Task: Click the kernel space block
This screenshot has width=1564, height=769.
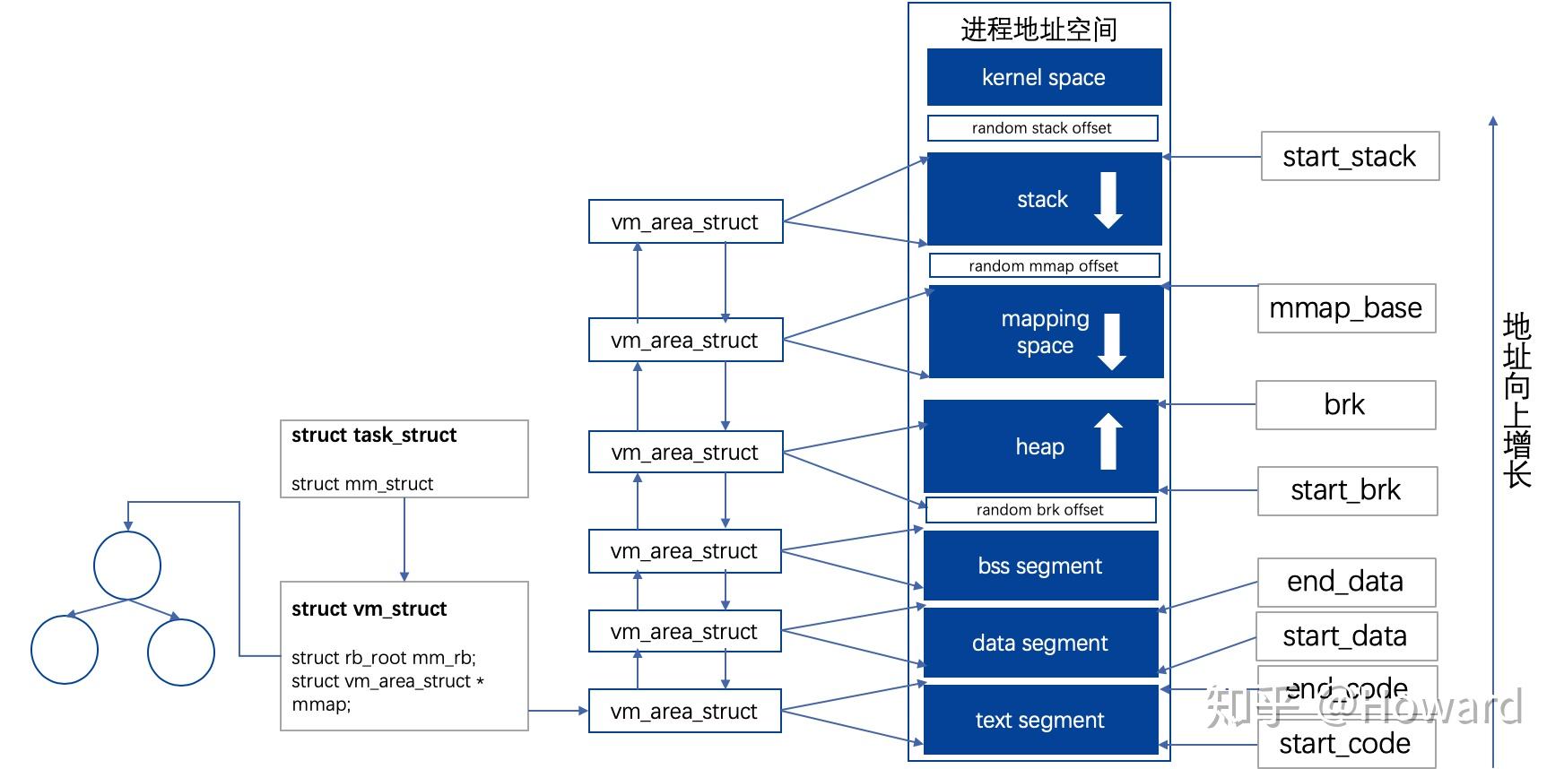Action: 1044,77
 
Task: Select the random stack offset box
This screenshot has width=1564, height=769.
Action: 1042,128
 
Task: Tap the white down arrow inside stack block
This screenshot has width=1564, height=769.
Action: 1108,200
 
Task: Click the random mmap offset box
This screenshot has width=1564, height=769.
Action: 1044,266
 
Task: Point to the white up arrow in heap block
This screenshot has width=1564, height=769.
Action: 1108,441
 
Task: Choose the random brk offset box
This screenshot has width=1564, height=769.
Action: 1040,510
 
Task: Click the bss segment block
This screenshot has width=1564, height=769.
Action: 1040,566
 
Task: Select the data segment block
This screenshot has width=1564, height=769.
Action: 1040,643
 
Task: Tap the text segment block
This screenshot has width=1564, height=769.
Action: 1040,720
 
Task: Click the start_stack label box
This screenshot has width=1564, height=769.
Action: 1349,156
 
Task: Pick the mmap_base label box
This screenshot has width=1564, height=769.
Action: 1345,308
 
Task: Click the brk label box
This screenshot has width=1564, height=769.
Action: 1344,405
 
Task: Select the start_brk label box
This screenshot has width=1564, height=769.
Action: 1346,490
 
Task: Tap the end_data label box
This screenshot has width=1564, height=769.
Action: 1345,582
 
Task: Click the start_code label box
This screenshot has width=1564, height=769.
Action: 1345,744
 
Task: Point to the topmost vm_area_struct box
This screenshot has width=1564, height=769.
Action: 685,221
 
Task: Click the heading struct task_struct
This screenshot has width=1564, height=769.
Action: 374,436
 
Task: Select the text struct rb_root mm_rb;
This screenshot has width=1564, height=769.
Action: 384,658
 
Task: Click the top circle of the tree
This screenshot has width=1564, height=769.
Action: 127,566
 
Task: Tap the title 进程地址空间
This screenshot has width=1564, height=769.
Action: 1038,30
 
